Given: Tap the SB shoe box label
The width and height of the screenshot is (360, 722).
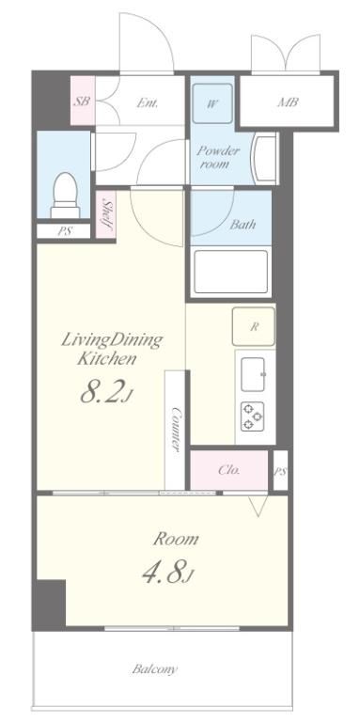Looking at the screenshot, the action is click(x=82, y=102).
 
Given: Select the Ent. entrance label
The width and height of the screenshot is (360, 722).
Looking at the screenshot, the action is click(x=148, y=102).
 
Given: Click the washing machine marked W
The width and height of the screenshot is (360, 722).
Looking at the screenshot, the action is click(x=212, y=103).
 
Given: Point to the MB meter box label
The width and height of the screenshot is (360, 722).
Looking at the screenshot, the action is click(x=288, y=102).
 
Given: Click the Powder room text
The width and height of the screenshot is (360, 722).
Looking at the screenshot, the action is click(x=218, y=157).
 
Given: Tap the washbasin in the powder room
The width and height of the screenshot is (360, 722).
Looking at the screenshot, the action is click(x=264, y=158).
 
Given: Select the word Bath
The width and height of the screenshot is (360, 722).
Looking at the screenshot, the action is click(x=243, y=225).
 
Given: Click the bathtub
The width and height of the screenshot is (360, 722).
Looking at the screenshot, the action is click(x=230, y=272).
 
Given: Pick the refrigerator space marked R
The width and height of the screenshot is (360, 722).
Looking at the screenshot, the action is click(x=254, y=327).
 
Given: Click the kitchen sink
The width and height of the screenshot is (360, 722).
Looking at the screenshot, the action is click(x=253, y=374).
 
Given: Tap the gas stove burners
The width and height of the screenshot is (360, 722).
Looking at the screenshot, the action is click(x=252, y=416).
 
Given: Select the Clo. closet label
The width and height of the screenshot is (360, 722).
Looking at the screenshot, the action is click(x=228, y=471).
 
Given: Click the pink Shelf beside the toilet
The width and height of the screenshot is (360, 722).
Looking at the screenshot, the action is click(x=107, y=214).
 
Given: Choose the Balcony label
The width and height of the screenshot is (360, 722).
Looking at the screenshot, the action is click(x=155, y=669).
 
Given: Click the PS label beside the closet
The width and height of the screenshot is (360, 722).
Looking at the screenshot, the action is click(x=281, y=471).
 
